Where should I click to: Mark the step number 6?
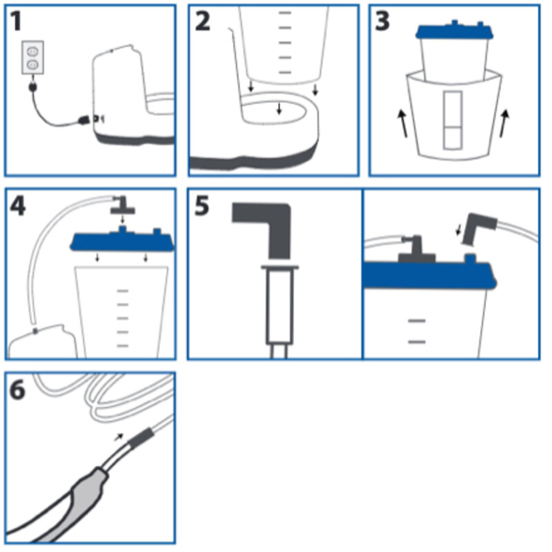(x=17, y=390)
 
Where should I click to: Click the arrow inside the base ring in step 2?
(x=279, y=109)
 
